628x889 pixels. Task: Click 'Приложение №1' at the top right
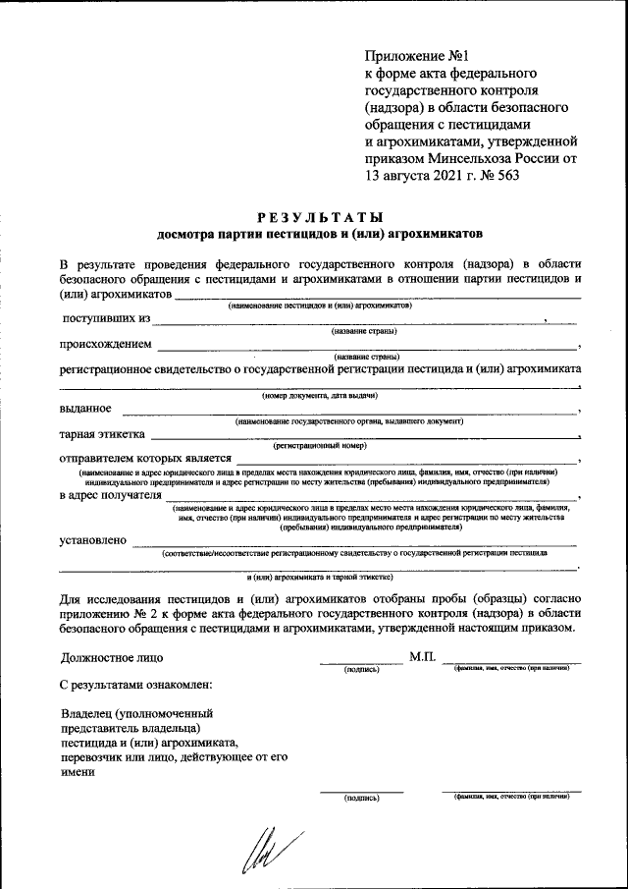click(409, 56)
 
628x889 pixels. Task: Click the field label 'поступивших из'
click(106, 318)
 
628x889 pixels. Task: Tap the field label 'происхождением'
click(105, 345)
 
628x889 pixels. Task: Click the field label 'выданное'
click(84, 409)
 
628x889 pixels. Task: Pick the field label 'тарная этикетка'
click(102, 434)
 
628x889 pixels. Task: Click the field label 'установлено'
click(92, 539)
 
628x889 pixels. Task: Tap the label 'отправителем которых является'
click(144, 459)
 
